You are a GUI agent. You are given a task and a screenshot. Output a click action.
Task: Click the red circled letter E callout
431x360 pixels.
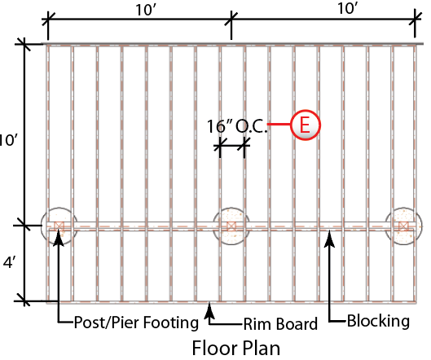tap(306, 125)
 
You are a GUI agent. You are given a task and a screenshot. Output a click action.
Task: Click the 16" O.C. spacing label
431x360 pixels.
tap(236, 126)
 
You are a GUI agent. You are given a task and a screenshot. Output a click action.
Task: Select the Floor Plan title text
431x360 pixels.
tap(235, 348)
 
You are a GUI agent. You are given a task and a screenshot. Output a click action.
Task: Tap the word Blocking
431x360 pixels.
tap(378, 321)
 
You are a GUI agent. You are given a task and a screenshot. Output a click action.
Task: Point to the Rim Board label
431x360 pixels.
tap(280, 323)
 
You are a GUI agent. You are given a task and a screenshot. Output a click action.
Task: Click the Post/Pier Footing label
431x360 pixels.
tap(136, 323)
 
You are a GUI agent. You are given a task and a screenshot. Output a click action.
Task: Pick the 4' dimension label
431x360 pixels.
tap(8, 263)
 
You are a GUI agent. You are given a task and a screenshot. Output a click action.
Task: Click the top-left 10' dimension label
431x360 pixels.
tap(147, 10)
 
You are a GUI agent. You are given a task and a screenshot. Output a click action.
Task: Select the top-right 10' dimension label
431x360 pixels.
tap(348, 8)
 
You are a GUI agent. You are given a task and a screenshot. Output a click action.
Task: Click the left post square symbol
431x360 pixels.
tap(59, 226)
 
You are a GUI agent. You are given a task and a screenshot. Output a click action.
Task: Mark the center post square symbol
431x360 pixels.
tap(231, 226)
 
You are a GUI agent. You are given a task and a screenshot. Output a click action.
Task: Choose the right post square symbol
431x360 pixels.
tap(403, 226)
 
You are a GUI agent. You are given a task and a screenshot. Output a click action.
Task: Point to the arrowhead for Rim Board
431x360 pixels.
tap(209, 310)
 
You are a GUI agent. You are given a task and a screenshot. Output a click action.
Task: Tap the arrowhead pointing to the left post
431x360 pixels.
tap(59, 238)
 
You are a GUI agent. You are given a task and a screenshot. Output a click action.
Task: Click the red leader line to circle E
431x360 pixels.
tap(279, 125)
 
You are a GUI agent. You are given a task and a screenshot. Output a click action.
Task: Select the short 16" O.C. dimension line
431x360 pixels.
tap(232, 145)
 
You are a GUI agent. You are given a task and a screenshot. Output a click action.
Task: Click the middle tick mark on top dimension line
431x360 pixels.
tap(231, 19)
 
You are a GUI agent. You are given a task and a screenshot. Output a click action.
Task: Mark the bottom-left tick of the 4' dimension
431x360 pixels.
tap(24, 301)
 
